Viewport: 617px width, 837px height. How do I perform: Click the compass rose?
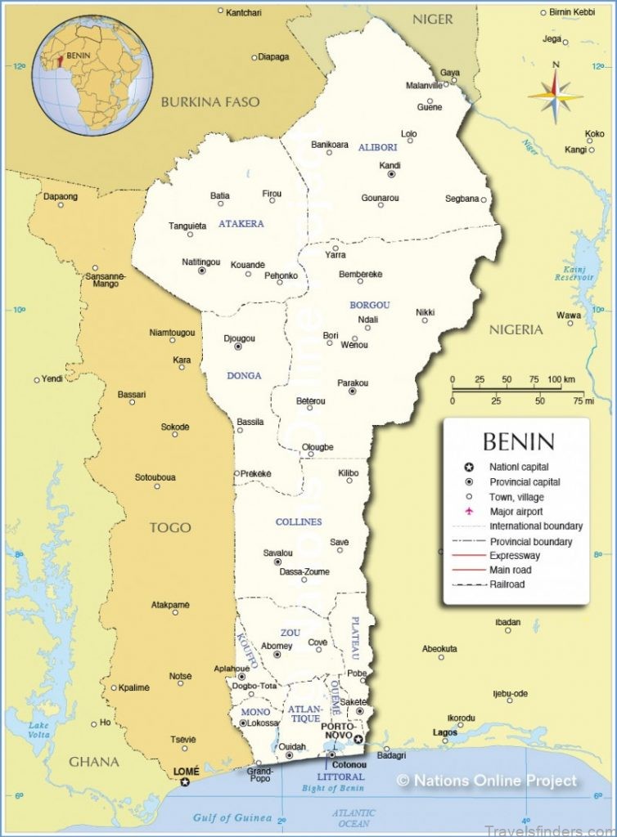point(556,96)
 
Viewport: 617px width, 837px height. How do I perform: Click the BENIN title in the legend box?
point(518,442)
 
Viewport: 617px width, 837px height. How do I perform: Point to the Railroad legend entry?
point(507,584)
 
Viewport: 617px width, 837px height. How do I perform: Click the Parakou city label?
point(353,383)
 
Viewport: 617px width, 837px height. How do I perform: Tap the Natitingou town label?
point(200,262)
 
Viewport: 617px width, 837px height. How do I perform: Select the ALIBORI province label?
point(377,147)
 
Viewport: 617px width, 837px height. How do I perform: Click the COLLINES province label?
point(299,521)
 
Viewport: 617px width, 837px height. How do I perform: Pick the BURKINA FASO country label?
point(209,102)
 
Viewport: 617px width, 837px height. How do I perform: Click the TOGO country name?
point(169,527)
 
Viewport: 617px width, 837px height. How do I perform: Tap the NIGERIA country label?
point(516,329)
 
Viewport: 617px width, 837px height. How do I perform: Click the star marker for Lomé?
point(185,782)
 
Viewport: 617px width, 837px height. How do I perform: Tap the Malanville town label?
point(424,86)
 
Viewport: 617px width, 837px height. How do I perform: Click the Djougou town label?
point(239,338)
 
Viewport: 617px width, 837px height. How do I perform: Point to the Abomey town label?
point(277,646)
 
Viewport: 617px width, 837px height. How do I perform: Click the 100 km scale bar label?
point(561,379)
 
